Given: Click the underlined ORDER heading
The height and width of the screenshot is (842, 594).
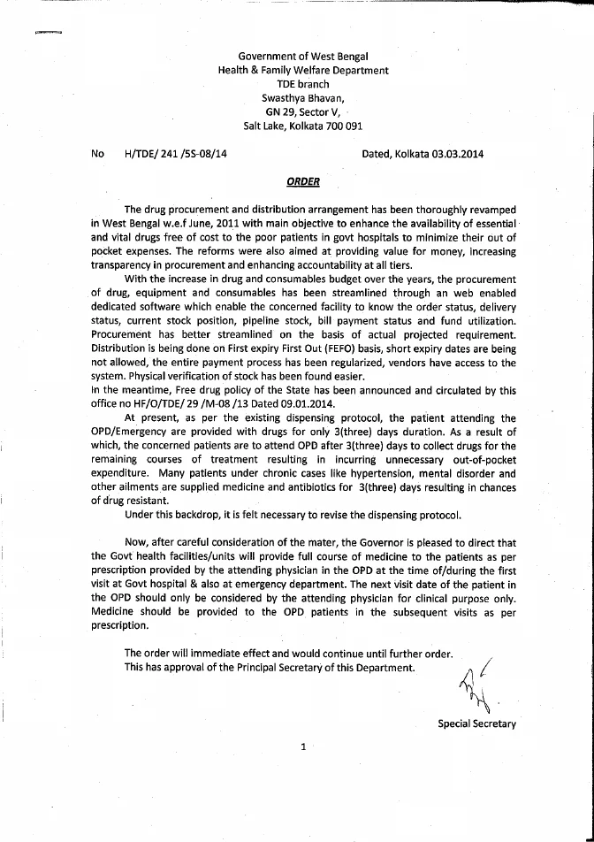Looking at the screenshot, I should pos(302,182).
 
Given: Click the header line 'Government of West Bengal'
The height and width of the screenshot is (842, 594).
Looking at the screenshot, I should pos(302,57).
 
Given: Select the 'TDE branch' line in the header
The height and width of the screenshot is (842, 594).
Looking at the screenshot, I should pos(302,84).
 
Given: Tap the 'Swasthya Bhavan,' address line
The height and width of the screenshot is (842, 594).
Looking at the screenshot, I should pos(302,98).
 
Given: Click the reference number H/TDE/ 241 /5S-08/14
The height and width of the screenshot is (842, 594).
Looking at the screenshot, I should pos(169,154).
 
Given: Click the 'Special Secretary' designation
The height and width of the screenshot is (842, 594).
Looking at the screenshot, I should pos(476,723).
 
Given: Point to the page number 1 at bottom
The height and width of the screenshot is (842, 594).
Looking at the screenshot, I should pos(303,747).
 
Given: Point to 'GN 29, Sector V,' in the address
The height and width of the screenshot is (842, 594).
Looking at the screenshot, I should pos(302,112).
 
